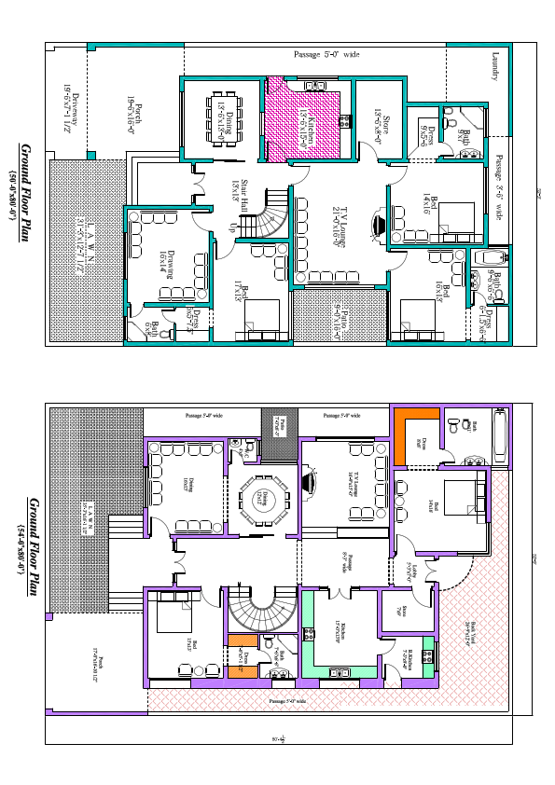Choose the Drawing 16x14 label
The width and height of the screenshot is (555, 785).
pos(165,261)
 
